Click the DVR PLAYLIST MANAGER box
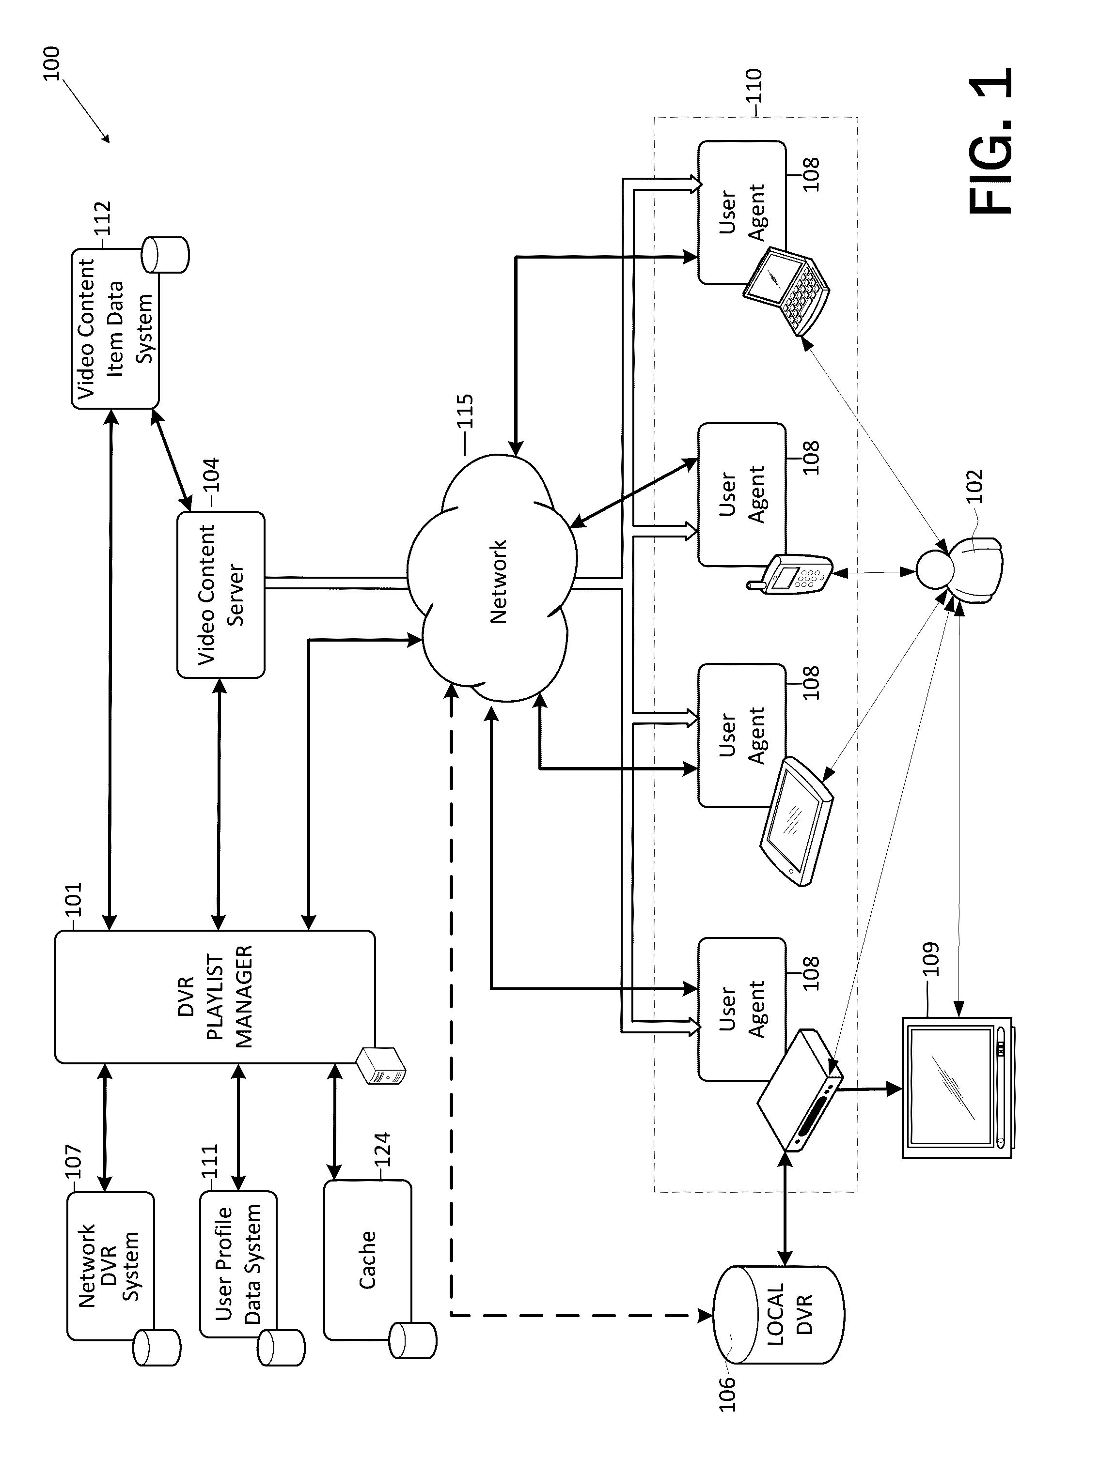click(x=214, y=996)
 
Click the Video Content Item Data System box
click(x=115, y=328)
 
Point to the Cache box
click(x=367, y=1259)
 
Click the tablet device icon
click(x=796, y=821)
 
